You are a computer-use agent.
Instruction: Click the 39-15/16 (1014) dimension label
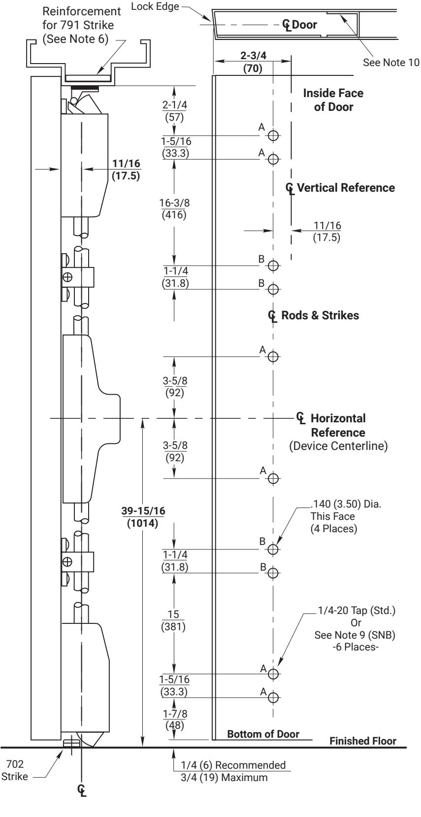tap(143, 517)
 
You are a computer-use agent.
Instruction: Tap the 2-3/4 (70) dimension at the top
tap(253, 62)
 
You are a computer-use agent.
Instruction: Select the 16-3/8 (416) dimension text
tap(174, 208)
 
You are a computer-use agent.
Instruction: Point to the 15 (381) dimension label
tap(173, 621)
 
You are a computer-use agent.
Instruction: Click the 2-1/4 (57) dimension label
tap(175, 111)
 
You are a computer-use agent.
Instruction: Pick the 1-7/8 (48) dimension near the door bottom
tap(175, 719)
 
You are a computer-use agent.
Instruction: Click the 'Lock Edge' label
tap(155, 6)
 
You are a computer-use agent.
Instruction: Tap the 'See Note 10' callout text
tap(391, 63)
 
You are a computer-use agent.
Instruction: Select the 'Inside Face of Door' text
tap(333, 100)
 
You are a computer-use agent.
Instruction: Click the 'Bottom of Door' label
tap(263, 734)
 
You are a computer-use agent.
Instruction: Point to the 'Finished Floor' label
tap(363, 741)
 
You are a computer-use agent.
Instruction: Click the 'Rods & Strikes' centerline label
tap(320, 315)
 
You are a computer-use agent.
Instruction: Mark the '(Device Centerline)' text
tap(338, 445)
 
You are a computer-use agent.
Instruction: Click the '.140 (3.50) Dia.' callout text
tap(346, 504)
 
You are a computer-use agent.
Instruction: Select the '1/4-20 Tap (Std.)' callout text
tap(356, 611)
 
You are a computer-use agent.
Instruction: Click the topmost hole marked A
tap(273, 136)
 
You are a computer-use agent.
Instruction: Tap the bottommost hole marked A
tap(273, 697)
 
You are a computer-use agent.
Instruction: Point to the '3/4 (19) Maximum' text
tap(224, 777)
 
